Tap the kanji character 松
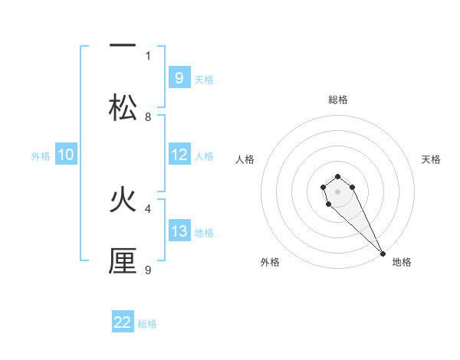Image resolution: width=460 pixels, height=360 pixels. pyautogui.click(x=123, y=107)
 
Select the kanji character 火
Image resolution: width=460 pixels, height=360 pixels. pyautogui.click(x=123, y=200)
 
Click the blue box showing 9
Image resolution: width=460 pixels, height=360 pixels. pyautogui.click(x=179, y=78)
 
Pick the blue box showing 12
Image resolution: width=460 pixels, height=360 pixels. pyautogui.click(x=179, y=155)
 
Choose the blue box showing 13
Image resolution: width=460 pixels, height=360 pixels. pyautogui.click(x=179, y=231)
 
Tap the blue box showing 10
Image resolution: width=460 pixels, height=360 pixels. pyautogui.click(x=66, y=155)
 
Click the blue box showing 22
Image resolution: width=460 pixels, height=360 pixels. pyautogui.click(x=123, y=322)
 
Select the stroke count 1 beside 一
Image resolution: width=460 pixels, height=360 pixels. pyautogui.click(x=148, y=55)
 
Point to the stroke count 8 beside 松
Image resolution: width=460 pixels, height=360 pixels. pyautogui.click(x=148, y=117)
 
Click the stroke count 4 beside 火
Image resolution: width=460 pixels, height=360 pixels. pyautogui.click(x=148, y=208)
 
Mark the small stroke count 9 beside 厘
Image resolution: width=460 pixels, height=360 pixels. pyautogui.click(x=148, y=270)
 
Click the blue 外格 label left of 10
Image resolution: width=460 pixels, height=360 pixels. pyautogui.click(x=41, y=155)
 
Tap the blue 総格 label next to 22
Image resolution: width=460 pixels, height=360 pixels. pyautogui.click(x=147, y=323)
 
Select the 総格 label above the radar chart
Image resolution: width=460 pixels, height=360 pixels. pyautogui.click(x=338, y=100)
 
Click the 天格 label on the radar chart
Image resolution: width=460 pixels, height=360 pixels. pyautogui.click(x=431, y=159)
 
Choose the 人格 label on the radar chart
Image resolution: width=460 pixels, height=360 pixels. pyautogui.click(x=245, y=159)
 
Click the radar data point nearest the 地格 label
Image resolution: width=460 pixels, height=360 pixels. pyautogui.click(x=383, y=254)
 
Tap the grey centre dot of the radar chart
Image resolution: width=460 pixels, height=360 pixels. pyautogui.click(x=337, y=191)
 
